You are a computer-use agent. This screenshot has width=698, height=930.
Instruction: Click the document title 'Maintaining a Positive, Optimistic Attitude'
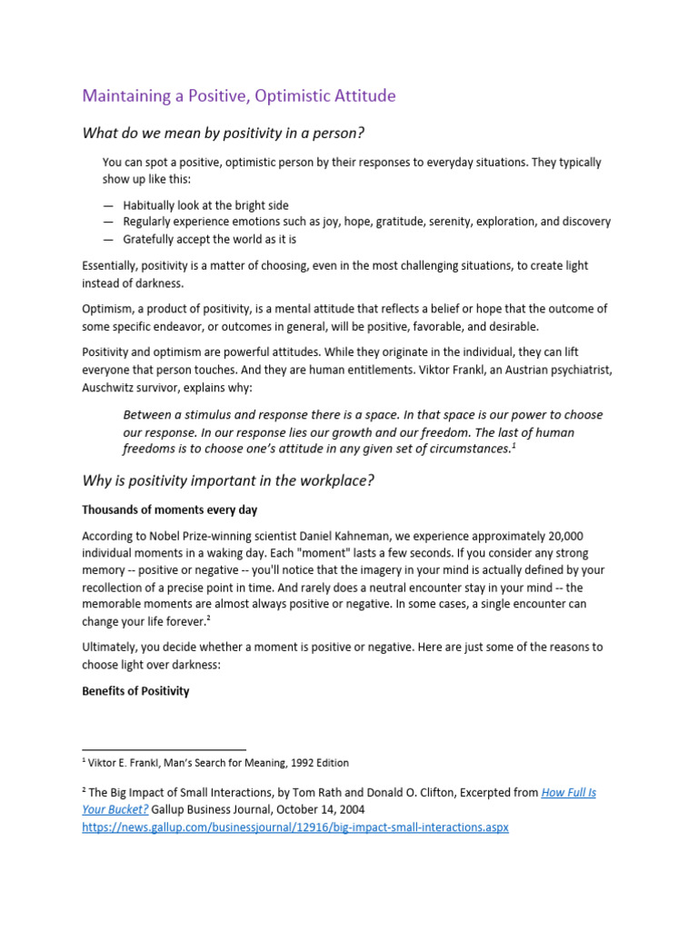pyautogui.click(x=239, y=95)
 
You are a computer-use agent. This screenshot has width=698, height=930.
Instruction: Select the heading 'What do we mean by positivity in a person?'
pyautogui.click(x=223, y=134)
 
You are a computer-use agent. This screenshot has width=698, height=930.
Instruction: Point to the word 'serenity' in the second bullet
pyautogui.click(x=475, y=222)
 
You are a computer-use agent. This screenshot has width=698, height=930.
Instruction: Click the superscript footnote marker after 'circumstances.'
pyautogui.click(x=514, y=445)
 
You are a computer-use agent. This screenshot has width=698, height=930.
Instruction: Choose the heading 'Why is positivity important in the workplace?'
pyautogui.click(x=227, y=480)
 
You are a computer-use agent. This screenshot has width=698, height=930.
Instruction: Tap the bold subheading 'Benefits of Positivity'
pyautogui.click(x=135, y=691)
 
